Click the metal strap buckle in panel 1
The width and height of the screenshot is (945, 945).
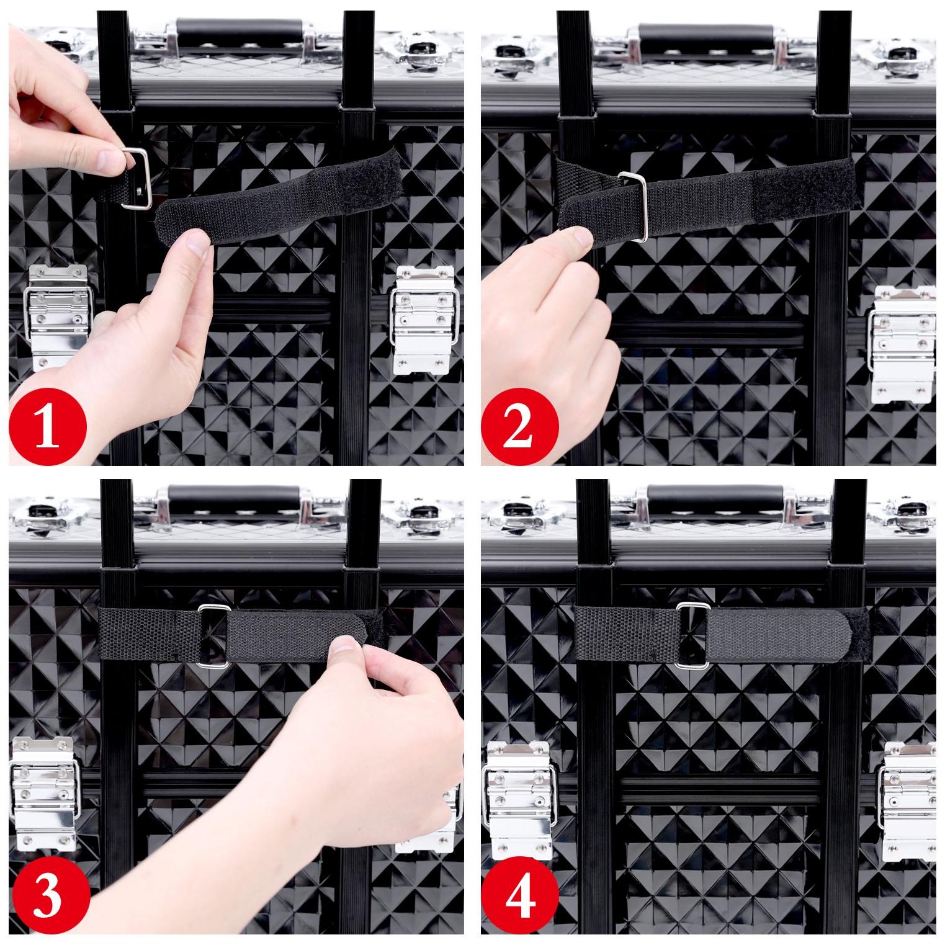(x=138, y=179)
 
